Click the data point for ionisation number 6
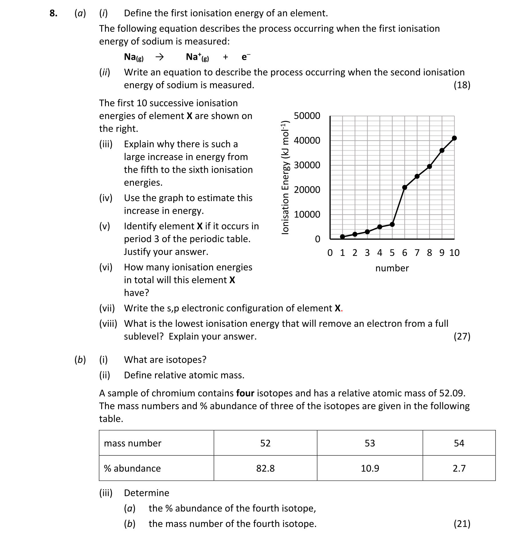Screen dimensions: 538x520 (404, 187)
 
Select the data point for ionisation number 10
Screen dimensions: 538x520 (454, 138)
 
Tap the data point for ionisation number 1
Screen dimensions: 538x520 (342, 237)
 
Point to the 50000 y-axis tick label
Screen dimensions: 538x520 (307, 116)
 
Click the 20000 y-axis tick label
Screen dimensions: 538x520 (307, 190)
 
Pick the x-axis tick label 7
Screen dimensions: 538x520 (417, 253)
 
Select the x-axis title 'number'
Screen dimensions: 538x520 (392, 268)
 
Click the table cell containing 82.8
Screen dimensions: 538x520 (265, 468)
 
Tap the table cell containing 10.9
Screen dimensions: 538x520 (370, 468)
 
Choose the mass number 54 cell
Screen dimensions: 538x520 (459, 443)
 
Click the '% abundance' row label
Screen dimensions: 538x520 (132, 468)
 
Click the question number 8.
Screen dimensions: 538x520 (53, 13)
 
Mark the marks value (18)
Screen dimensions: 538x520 (462, 85)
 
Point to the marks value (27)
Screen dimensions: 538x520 (462, 336)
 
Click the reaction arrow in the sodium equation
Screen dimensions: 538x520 (159, 57)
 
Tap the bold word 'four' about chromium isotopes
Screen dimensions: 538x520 (245, 393)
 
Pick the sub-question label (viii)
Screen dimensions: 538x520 (108, 323)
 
